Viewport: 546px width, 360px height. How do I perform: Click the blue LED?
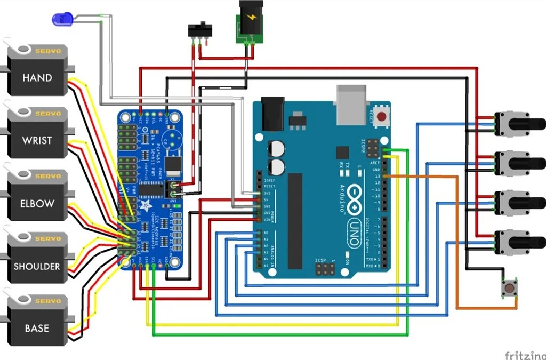tap(62, 20)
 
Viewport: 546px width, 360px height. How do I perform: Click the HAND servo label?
tap(37, 78)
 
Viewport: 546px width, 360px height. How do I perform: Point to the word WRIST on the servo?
tap(37, 141)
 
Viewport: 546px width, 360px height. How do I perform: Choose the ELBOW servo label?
tap(37, 204)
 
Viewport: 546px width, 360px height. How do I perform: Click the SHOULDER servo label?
tap(37, 266)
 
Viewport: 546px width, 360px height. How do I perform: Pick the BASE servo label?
tap(37, 329)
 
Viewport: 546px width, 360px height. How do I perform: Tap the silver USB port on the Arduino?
tap(350, 105)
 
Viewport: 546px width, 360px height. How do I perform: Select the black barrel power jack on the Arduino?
tap(272, 113)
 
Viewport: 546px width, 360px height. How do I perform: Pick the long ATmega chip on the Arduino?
tap(295, 221)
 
